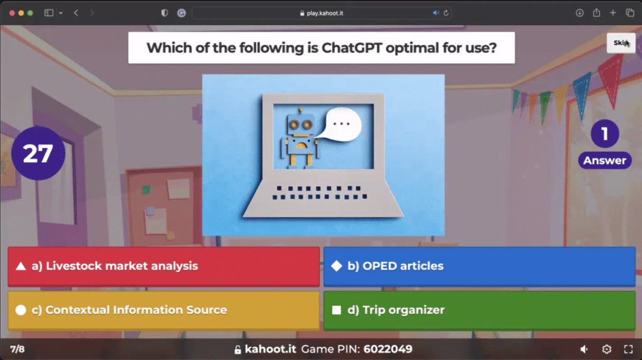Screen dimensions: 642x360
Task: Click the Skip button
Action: [x=621, y=43]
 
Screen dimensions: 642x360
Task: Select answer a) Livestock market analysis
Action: [x=164, y=266]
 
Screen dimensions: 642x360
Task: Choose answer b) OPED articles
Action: [x=480, y=266]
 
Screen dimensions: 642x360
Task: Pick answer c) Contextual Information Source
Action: [x=164, y=310]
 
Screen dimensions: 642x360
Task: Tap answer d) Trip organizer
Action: [x=480, y=310]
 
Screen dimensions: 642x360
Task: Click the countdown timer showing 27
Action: [x=38, y=153]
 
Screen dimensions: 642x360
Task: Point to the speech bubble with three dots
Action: [x=340, y=124]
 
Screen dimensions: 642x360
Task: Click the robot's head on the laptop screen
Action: [x=300, y=122]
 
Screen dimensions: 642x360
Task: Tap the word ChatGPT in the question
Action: [x=352, y=48]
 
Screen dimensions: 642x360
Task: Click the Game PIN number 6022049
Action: [x=387, y=349]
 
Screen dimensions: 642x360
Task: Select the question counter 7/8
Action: [x=17, y=349]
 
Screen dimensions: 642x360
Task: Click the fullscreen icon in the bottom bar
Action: [x=628, y=349]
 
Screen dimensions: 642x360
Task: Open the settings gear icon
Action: [x=607, y=349]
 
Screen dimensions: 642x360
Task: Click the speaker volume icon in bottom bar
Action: [x=584, y=349]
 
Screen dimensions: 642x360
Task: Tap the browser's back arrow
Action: [x=76, y=13]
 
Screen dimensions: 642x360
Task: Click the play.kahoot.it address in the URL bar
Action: [x=325, y=13]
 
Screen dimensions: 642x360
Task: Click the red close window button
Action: [x=13, y=13]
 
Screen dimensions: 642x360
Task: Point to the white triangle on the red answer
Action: [x=21, y=267]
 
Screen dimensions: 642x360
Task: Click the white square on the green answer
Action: [x=337, y=310]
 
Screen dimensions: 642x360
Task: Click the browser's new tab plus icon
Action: [x=613, y=13]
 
